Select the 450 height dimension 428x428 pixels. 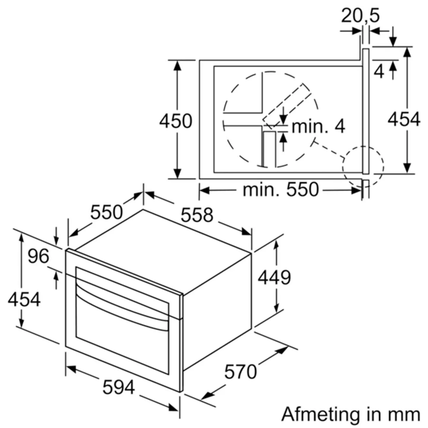(176, 121)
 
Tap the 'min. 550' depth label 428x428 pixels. (281, 189)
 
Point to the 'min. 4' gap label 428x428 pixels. (318, 126)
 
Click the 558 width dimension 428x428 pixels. (197, 215)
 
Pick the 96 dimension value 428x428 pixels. (38, 256)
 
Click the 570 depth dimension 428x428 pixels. (240, 372)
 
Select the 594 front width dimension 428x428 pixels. (119, 387)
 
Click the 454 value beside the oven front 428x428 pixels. (24, 299)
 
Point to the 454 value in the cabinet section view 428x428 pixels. (404, 119)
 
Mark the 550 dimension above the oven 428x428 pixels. (106, 212)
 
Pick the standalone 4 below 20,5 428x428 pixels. (379, 72)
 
